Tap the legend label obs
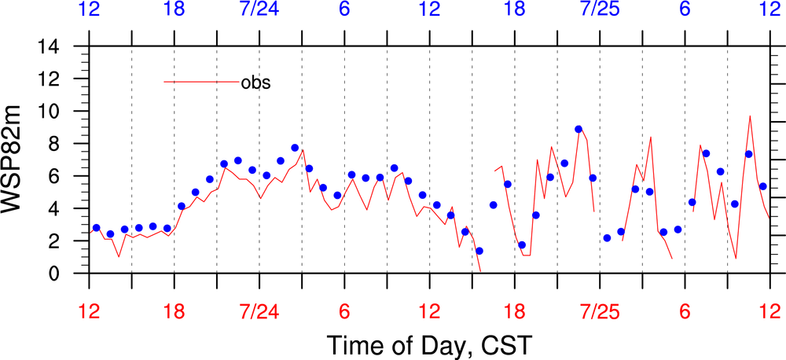pyautogui.click(x=255, y=82)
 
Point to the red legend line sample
pyautogui.click(x=201, y=82)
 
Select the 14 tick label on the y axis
pyautogui.click(x=68, y=47)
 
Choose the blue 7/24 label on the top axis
pyautogui.click(x=259, y=10)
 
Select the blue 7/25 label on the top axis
pyautogui.click(x=599, y=10)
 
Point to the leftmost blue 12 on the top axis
pyautogui.click(x=90, y=10)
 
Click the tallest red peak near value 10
pyautogui.click(x=750, y=116)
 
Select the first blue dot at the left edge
pyautogui.click(x=96, y=228)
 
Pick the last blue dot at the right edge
pyautogui.click(x=762, y=186)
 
